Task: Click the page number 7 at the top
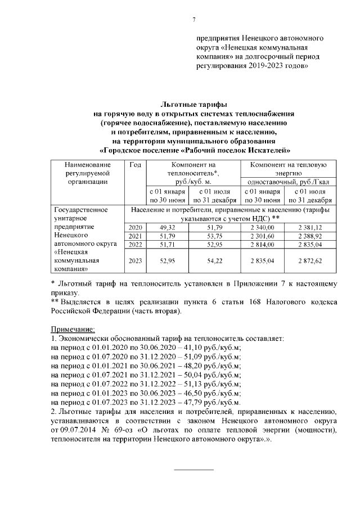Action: (x=194, y=21)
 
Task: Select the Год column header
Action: (x=135, y=164)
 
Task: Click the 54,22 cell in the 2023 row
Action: (x=215, y=261)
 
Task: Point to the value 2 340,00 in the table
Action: (x=263, y=227)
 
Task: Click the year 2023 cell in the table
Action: (x=135, y=261)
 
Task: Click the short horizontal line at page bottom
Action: (x=193, y=469)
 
